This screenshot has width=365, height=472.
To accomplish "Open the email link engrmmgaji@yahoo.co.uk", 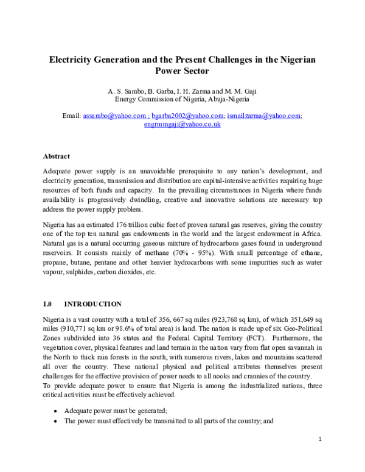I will pos(182,123).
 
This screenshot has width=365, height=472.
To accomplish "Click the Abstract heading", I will pos(56,156).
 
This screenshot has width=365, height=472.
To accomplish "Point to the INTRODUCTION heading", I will pos(92,304).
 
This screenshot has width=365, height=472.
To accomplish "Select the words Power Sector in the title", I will pos(182,71).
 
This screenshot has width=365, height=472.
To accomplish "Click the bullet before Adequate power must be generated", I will pos(56,410).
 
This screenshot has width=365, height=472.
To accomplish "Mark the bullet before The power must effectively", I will pos(56,420).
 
